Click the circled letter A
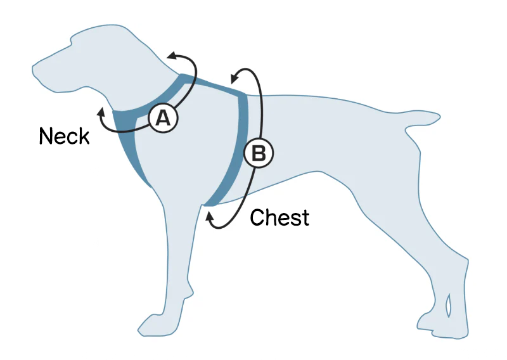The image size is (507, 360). pos(163,119)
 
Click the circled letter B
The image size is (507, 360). pos(259,153)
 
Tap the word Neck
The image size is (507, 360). pos(64,136)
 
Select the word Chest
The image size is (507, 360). pos(279,217)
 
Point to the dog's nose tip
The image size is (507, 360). pos(35,65)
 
